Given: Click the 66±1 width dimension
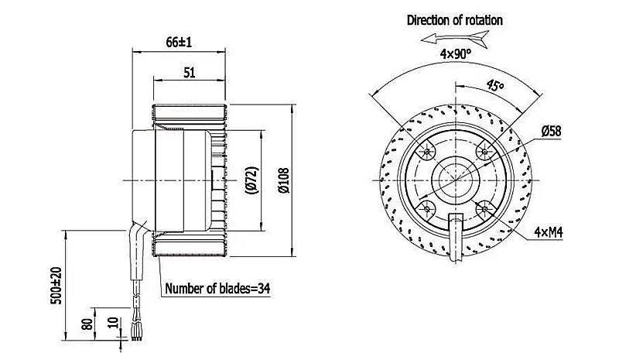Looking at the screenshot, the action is pyautogui.click(x=179, y=42).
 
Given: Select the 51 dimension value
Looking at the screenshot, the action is pyautogui.click(x=190, y=72).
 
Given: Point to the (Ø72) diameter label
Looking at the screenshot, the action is pyautogui.click(x=252, y=180).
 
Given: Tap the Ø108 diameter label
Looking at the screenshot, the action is pyautogui.click(x=283, y=180).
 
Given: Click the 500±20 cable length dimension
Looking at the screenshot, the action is pyautogui.click(x=56, y=286).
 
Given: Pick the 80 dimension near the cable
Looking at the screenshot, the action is pyautogui.click(x=87, y=324).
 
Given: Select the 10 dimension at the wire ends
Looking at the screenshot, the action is pyautogui.click(x=113, y=323).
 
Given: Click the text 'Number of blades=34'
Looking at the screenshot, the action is pyautogui.click(x=217, y=289).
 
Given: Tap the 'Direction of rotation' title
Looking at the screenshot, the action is pyautogui.click(x=455, y=20).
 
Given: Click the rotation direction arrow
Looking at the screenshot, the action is pyautogui.click(x=455, y=39).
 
